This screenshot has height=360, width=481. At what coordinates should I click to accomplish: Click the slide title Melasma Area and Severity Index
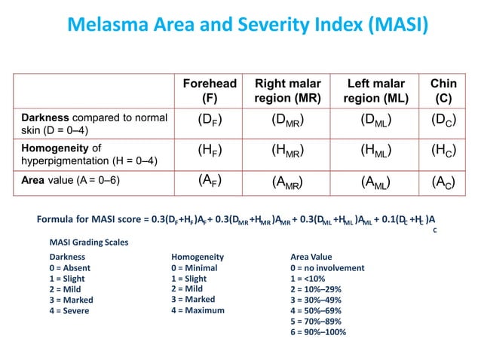tap(248, 26)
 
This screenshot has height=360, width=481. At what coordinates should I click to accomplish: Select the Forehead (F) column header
tap(210, 91)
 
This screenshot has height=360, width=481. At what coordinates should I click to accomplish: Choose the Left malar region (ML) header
tap(375, 91)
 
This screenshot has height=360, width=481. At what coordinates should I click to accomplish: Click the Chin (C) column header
tap(443, 91)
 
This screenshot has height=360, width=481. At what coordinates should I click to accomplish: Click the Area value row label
tap(71, 181)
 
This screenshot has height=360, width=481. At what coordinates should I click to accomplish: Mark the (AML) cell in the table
tap(375, 182)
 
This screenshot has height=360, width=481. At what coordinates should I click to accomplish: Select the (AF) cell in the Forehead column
tap(210, 180)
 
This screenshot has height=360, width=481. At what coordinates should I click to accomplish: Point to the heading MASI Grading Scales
tap(88, 243)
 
